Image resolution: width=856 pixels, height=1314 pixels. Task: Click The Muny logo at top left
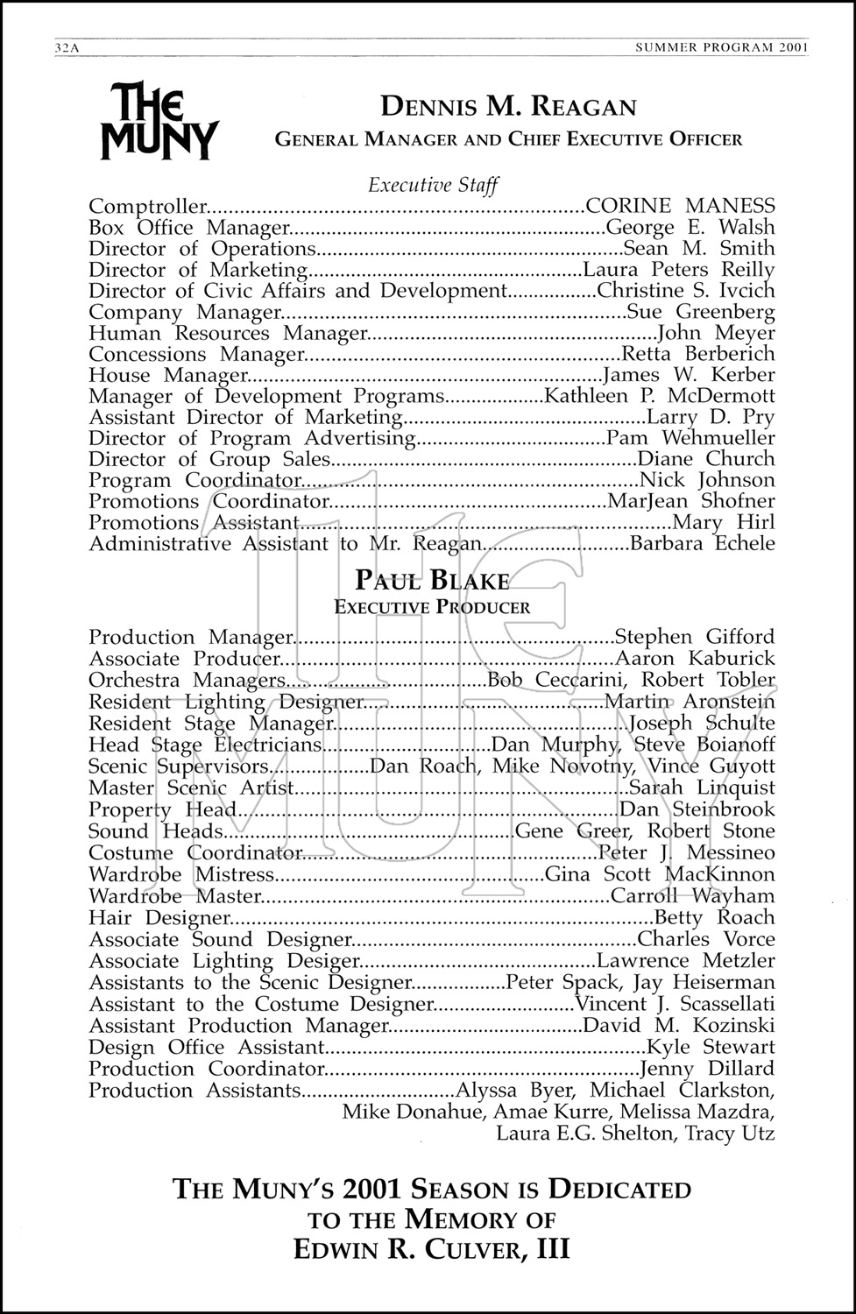pyautogui.click(x=159, y=121)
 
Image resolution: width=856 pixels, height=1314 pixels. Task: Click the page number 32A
pyautogui.click(x=67, y=49)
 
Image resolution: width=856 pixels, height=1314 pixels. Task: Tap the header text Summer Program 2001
pyautogui.click(x=721, y=49)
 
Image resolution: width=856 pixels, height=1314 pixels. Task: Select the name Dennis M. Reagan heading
pyautogui.click(x=508, y=108)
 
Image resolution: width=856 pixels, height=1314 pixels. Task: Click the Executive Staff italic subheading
pyautogui.click(x=433, y=185)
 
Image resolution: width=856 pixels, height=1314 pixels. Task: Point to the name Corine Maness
pyautogui.click(x=680, y=207)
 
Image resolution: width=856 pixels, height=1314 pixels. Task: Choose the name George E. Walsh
pyautogui.click(x=690, y=228)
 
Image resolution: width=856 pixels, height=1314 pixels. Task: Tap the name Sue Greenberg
pyautogui.click(x=702, y=312)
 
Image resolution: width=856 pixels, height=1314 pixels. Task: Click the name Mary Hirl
pyautogui.click(x=724, y=523)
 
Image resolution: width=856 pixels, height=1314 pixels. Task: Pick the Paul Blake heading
pyautogui.click(x=432, y=580)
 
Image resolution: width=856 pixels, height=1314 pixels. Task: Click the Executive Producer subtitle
pyautogui.click(x=432, y=607)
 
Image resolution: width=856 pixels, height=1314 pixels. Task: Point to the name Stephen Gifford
pyautogui.click(x=695, y=637)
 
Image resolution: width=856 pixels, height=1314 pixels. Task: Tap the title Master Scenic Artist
pyautogui.click(x=192, y=788)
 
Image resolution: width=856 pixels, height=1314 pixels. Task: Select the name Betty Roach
pyautogui.click(x=715, y=917)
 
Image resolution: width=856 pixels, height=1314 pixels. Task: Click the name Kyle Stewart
pyautogui.click(x=711, y=1047)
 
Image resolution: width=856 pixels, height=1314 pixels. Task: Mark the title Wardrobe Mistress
pyautogui.click(x=182, y=874)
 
